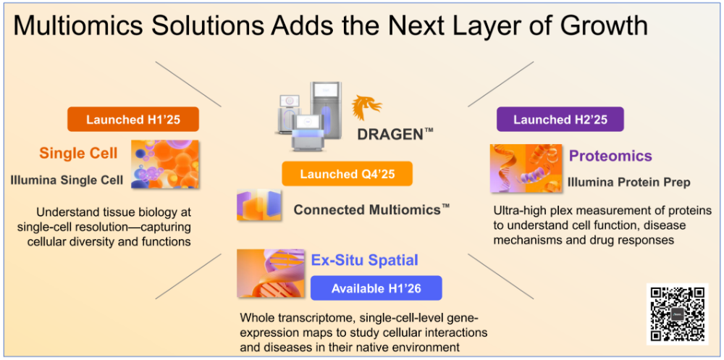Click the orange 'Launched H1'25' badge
pos(133,120)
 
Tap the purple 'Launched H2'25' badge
pos(560,120)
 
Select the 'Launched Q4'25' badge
pos(347,174)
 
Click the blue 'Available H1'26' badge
pos(376,288)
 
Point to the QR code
pos(678,314)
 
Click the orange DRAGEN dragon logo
pos(367,108)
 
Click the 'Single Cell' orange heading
pos(78,154)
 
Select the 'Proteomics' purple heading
pos(610,156)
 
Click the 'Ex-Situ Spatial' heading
pos(364,260)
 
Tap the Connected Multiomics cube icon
pos(259,204)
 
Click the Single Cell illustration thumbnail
pos(165,164)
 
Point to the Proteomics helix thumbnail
pos(526,168)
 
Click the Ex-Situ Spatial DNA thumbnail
pos(271,273)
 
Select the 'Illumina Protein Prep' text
pos(629,183)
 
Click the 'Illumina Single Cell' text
pos(67,180)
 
